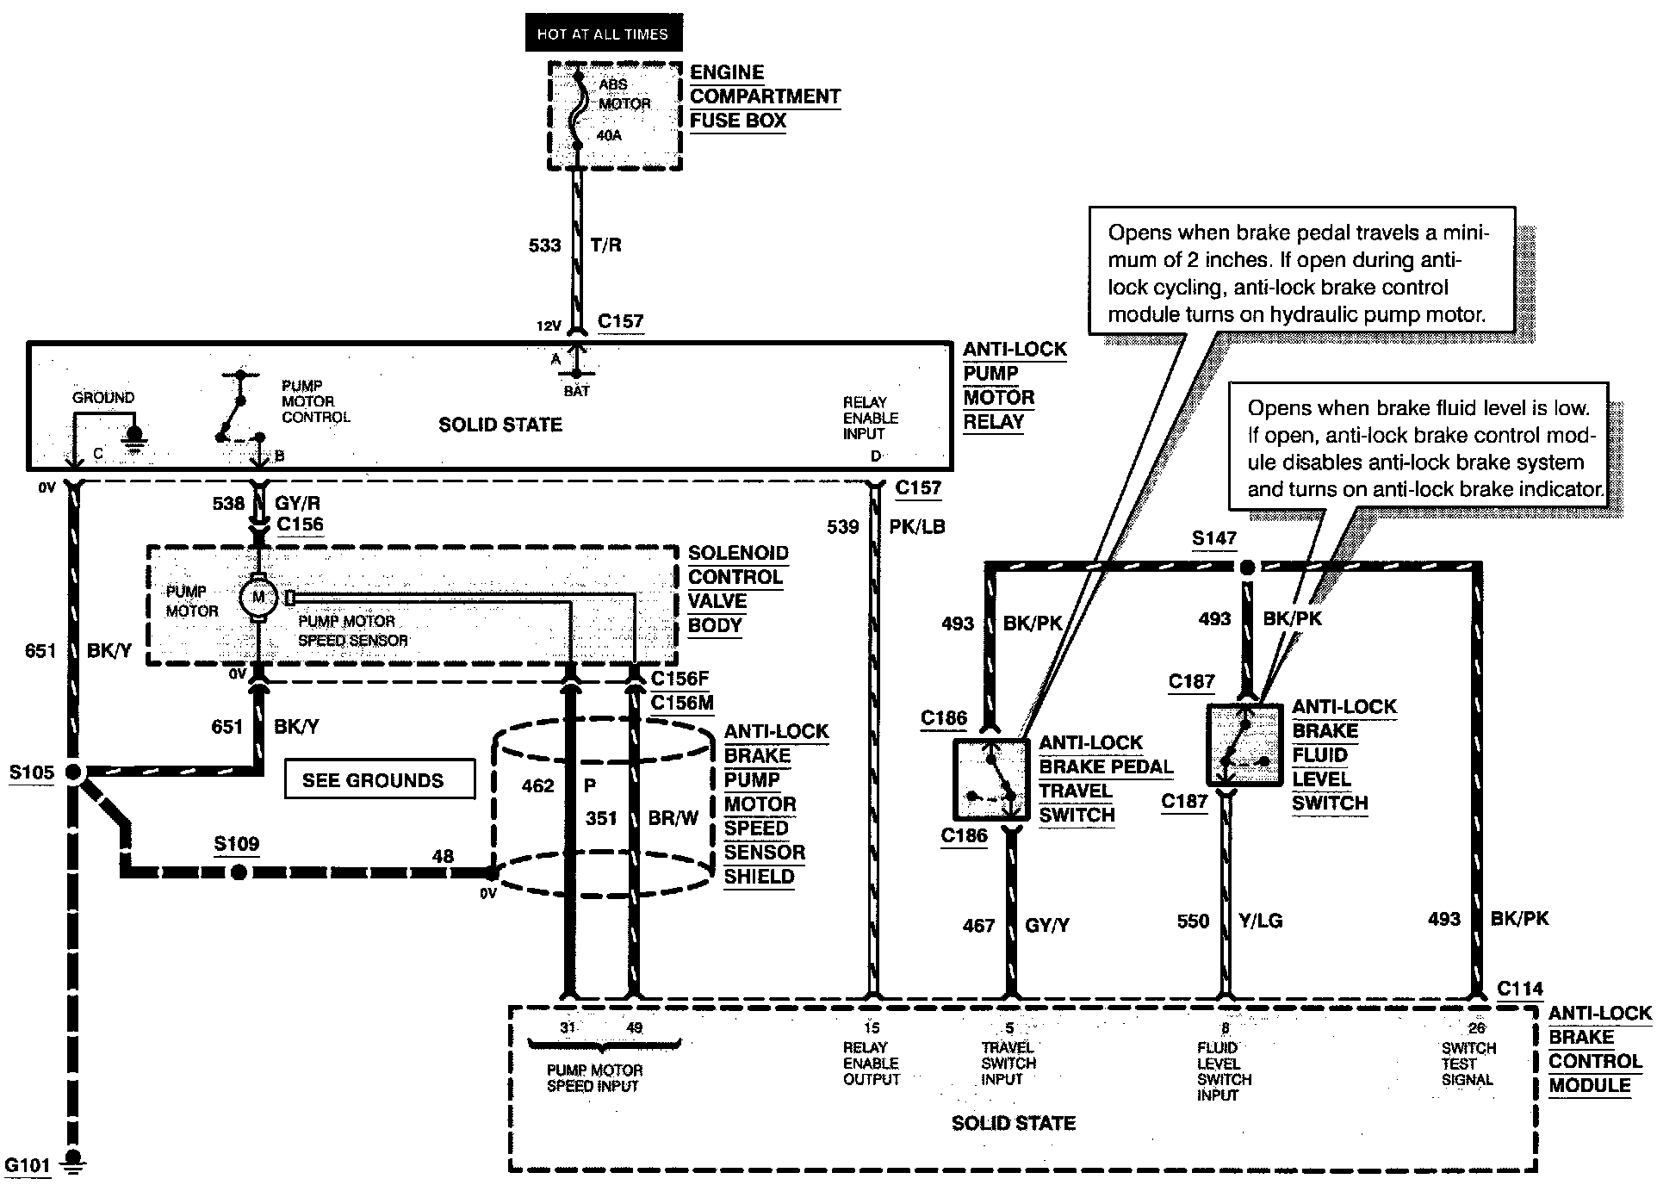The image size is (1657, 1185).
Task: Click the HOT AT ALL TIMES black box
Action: point(604,33)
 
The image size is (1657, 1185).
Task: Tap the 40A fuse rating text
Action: point(609,135)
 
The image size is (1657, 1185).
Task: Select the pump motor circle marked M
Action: point(257,597)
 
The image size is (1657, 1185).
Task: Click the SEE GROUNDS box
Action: point(379,779)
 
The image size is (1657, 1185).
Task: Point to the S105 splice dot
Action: point(74,772)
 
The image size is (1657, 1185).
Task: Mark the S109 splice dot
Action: point(239,872)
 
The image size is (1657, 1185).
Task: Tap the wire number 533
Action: point(544,245)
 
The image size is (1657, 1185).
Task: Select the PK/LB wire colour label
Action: point(917,527)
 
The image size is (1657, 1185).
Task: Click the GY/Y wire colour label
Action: point(1047,926)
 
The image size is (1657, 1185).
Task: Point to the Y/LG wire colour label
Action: point(1260,921)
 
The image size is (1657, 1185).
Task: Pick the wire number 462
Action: point(538,785)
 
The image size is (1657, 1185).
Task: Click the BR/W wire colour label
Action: point(673,818)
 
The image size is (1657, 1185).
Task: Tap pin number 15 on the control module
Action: point(872,1027)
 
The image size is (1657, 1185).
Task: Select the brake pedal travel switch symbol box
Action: point(991,779)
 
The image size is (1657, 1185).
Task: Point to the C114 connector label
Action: point(1520,989)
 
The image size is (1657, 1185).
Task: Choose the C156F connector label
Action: point(680,678)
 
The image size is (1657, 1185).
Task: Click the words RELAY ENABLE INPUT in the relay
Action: point(871,418)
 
